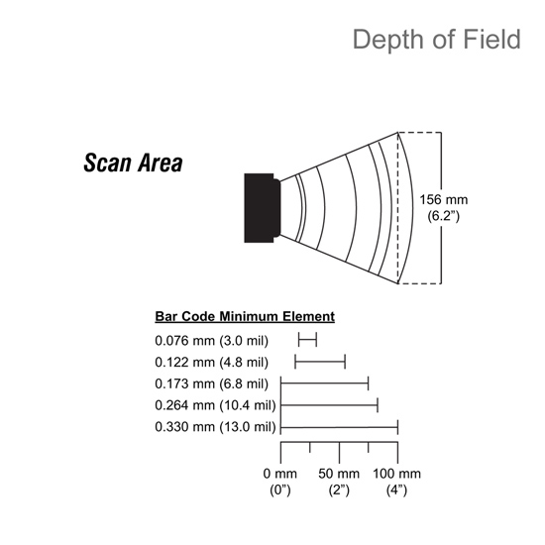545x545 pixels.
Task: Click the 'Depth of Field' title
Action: coord(437,40)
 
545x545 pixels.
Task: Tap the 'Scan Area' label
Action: coord(133,163)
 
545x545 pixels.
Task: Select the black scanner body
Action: coord(262,208)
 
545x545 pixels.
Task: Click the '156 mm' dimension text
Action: coord(444,200)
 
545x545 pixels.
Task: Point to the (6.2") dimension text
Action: coord(444,216)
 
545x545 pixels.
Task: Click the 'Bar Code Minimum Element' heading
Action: coord(245,317)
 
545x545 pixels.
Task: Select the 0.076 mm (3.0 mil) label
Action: coord(212,341)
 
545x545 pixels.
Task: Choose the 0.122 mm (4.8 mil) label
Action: coord(212,362)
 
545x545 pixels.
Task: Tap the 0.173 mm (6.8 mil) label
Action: coord(212,383)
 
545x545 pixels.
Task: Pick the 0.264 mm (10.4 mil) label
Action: coord(215,405)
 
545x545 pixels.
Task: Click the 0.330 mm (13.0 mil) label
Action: coord(215,427)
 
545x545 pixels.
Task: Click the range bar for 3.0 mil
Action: coord(307,340)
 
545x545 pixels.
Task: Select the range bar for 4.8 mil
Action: coord(320,362)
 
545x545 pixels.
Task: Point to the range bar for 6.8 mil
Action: coord(325,383)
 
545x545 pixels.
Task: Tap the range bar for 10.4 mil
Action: coord(329,405)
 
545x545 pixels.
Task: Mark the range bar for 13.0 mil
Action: coord(339,427)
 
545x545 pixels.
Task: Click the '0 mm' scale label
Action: coord(280,474)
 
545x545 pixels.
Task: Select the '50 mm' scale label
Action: coord(339,474)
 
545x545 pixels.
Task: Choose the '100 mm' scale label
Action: coord(396,474)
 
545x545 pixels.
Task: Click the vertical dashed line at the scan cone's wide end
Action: coord(398,208)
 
